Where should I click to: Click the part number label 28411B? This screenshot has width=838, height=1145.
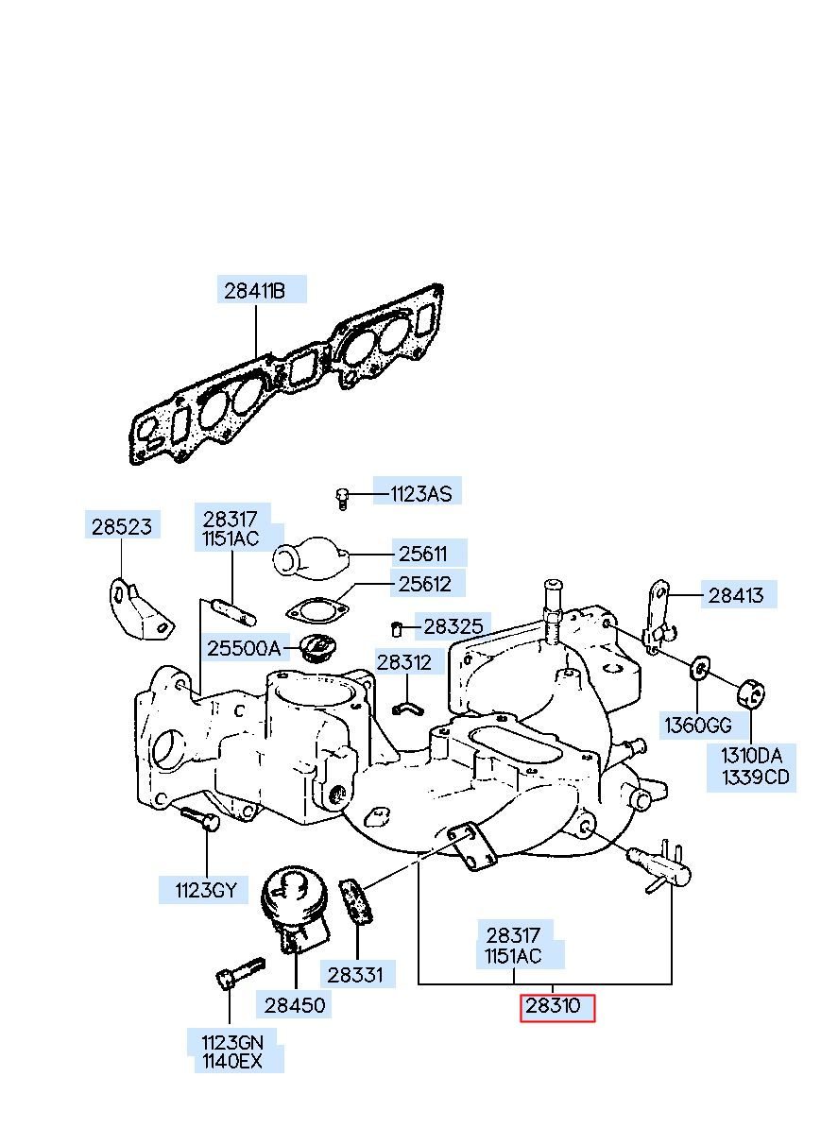point(254,291)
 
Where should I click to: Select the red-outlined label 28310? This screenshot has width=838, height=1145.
point(553,1006)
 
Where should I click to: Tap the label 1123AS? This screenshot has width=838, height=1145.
point(420,494)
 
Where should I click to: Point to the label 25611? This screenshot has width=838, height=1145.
point(422,555)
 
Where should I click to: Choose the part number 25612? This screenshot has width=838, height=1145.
point(424,584)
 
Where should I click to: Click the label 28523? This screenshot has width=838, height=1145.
point(122,526)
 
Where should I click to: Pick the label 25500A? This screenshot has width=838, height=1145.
point(244,648)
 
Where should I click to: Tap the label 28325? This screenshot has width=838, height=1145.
point(453,626)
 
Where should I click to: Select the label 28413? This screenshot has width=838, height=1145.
point(736,595)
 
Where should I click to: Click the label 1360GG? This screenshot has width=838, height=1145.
point(698,725)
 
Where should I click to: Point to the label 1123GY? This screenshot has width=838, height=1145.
point(206,890)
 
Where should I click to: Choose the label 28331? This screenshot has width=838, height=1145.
point(355,975)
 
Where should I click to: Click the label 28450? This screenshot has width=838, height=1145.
point(295,1005)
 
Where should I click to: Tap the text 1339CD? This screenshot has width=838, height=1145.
point(755,778)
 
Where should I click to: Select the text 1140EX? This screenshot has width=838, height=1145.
point(232,1062)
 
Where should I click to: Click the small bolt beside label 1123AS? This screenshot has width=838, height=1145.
point(342,499)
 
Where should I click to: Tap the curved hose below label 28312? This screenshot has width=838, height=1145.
point(407,708)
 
